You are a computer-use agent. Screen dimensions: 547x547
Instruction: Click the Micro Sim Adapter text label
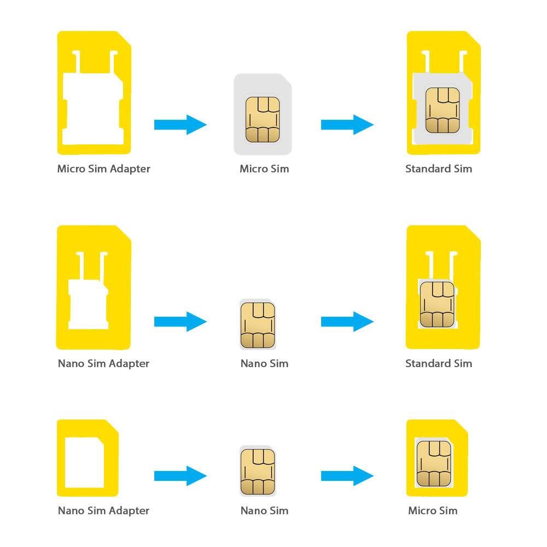[x=103, y=168]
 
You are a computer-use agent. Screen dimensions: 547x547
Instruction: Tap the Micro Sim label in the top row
[x=264, y=168]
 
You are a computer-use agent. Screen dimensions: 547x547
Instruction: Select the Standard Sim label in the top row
[x=438, y=168]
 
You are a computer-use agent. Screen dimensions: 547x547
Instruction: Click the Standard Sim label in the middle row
[x=438, y=363]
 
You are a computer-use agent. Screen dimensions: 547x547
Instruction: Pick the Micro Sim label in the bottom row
[x=432, y=510]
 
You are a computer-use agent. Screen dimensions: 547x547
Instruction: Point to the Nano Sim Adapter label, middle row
[x=103, y=363]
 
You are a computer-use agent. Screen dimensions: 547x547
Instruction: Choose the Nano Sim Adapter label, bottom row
[x=103, y=510]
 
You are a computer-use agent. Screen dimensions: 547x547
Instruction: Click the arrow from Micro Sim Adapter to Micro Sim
[x=180, y=125]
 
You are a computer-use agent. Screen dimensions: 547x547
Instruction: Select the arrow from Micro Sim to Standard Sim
[x=347, y=125]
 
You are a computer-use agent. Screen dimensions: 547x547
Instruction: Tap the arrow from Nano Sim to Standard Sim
[x=347, y=322]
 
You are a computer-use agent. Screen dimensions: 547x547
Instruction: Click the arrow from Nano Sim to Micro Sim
[x=347, y=475]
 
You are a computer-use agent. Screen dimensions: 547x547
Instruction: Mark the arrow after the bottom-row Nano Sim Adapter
[x=180, y=475]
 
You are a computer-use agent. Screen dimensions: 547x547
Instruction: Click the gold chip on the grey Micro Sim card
[x=263, y=119]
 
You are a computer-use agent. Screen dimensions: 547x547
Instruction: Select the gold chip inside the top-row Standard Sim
[x=443, y=110]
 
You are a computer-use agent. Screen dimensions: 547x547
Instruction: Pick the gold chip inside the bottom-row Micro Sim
[x=434, y=464]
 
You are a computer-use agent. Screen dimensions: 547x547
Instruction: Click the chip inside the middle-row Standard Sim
[x=437, y=304]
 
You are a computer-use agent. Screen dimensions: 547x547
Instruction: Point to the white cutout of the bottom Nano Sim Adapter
[x=84, y=462]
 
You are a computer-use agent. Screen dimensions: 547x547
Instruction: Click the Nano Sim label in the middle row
[x=264, y=363]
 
